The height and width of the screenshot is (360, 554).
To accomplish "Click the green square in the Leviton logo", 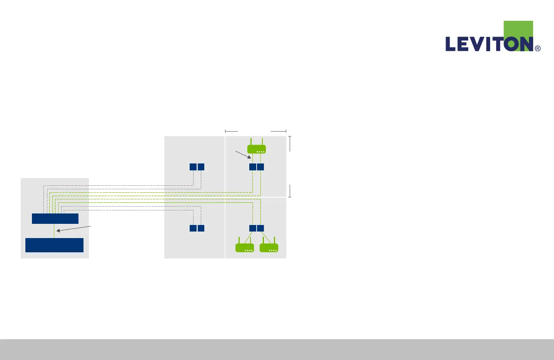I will tap(518, 29).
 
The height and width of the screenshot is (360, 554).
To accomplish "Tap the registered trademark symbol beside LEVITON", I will tap(537, 48).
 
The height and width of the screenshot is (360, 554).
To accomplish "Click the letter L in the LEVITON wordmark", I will tap(451, 44).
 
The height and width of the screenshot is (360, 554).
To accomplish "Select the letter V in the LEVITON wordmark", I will tap(477, 44).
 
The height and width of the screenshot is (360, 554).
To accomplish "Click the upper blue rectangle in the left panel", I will tap(55, 218).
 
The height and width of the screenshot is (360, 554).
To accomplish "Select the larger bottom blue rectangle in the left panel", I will tap(54, 245).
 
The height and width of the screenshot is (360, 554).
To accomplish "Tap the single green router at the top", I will tap(256, 149).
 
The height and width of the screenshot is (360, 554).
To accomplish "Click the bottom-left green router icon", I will tap(245, 248).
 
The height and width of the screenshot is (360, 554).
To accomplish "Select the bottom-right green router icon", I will tap(269, 248).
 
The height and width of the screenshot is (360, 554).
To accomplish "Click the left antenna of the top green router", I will tap(251, 141).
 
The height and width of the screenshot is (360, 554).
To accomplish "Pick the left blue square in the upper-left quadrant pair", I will tap(193, 167).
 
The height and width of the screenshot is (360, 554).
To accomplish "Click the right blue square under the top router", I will tap(260, 167).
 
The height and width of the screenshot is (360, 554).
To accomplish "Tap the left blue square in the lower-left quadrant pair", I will tap(193, 228).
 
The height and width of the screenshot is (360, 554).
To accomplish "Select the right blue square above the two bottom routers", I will tap(260, 228).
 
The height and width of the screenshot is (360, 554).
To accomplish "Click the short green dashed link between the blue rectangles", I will tap(54, 231).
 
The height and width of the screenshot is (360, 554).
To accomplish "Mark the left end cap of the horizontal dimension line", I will tap(225, 131).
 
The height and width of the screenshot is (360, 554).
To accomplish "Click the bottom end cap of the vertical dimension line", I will tap(290, 197).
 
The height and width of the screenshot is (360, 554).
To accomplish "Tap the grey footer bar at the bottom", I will tap(277, 349).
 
